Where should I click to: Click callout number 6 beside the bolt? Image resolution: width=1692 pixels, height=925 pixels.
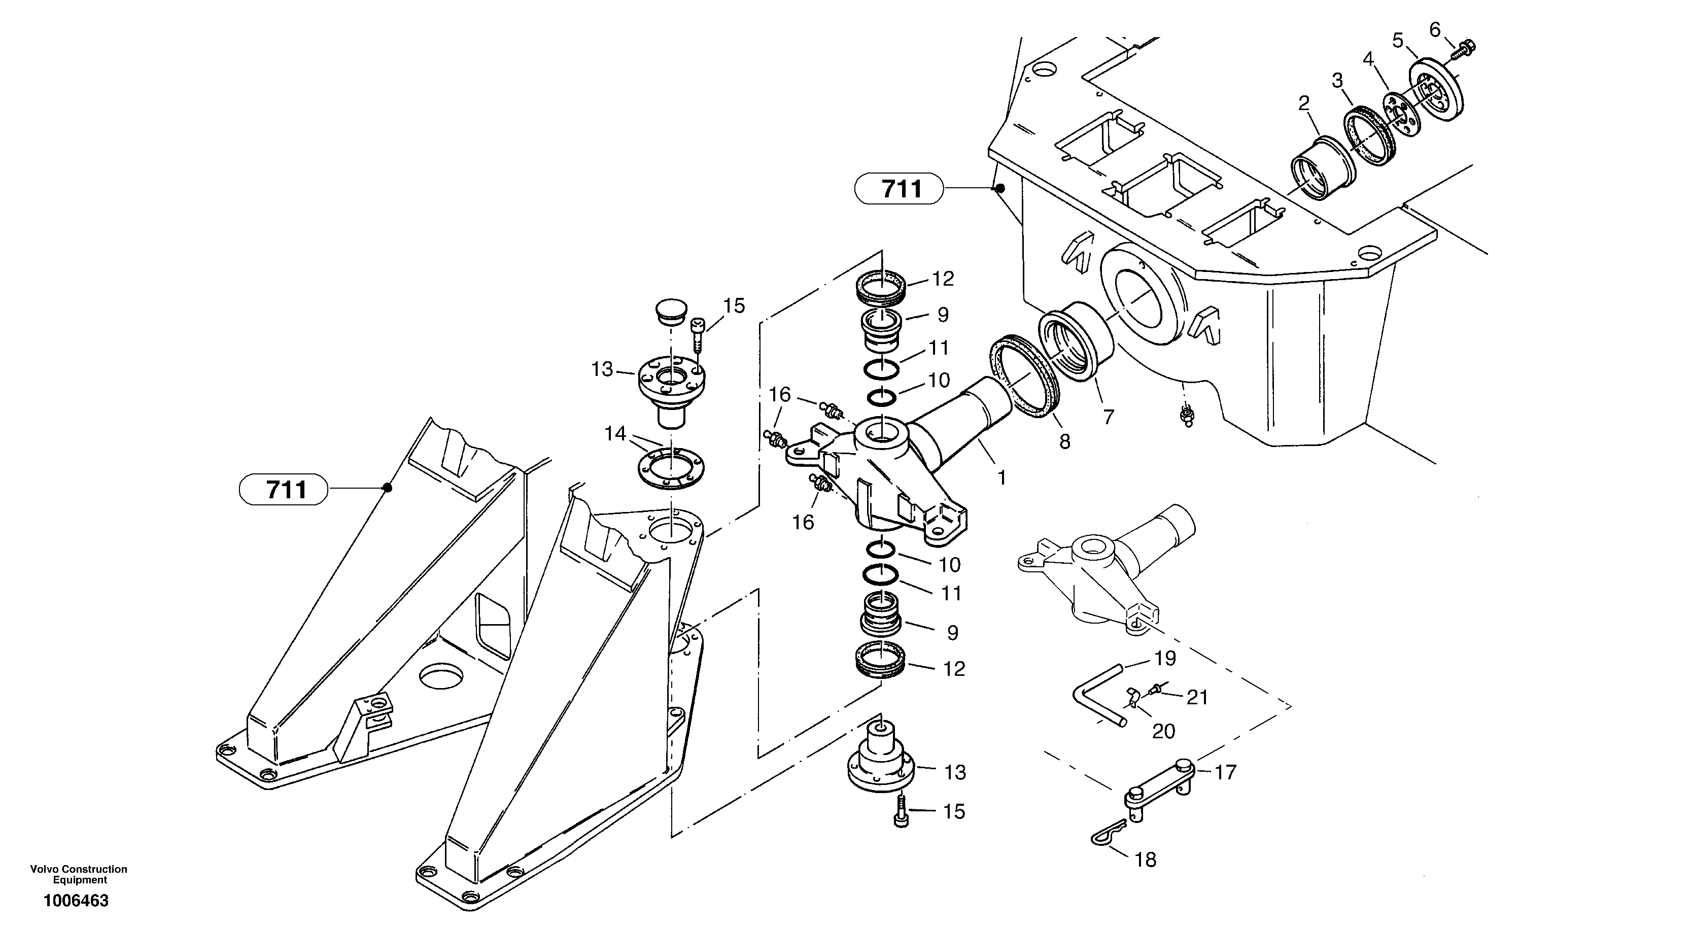[1435, 29]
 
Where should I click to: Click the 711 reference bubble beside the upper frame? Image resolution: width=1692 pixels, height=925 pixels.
[901, 189]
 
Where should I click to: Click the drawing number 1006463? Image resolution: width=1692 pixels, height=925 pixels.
[76, 901]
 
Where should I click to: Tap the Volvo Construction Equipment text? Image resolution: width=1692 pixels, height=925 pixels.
[79, 874]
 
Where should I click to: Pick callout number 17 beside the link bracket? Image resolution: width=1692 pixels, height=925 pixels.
[1226, 772]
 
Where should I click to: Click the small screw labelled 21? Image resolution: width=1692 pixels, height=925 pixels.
[1156, 689]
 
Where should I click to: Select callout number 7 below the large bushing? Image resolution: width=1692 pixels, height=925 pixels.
[1109, 417]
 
